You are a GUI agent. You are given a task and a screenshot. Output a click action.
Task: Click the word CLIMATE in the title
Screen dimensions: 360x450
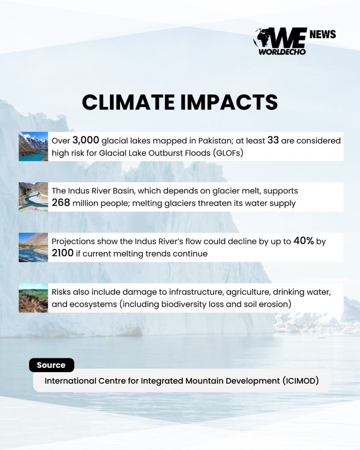[x=128, y=102]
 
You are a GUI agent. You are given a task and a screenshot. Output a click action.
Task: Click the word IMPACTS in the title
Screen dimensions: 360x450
[x=229, y=102]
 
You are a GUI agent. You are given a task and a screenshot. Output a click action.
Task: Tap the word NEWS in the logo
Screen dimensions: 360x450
[x=323, y=34]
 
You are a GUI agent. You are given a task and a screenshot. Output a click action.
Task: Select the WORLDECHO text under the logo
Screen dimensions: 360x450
[x=282, y=52]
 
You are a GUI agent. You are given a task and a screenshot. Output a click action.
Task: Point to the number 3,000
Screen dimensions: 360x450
[x=86, y=140]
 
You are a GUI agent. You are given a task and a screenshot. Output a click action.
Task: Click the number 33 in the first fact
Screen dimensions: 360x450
[x=273, y=140]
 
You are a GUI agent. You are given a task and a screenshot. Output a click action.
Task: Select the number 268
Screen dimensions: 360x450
[x=61, y=203]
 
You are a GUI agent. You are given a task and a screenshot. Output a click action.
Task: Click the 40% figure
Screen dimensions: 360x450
[x=303, y=241]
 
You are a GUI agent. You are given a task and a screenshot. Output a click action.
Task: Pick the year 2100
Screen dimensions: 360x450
[x=62, y=253]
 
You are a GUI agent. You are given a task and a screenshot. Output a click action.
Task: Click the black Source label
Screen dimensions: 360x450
[x=51, y=365]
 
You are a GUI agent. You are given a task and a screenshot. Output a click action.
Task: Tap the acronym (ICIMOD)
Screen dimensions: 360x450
[x=301, y=381]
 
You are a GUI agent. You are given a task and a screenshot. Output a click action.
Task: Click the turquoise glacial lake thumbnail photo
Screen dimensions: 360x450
[x=33, y=146]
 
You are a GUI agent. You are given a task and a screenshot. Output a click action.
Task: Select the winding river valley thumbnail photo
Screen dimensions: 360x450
[x=33, y=197]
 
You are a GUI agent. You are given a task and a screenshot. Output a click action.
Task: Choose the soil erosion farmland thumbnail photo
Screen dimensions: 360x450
[x=33, y=298]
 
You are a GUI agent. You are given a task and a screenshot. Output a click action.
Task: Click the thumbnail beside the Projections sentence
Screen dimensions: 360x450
[x=33, y=247]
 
